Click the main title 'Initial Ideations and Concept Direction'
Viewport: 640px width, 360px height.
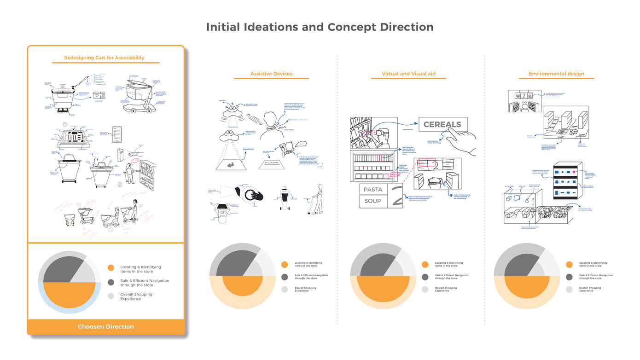[320, 27]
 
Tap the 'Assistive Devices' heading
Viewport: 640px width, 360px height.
[271, 74]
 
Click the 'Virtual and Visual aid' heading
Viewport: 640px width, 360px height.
[408, 74]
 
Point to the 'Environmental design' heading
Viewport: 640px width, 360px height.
[556, 74]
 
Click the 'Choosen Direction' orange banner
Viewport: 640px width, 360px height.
[106, 327]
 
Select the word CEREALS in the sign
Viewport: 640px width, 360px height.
[442, 125]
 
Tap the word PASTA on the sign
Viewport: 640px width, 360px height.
[373, 190]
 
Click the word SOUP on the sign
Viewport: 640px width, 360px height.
[372, 201]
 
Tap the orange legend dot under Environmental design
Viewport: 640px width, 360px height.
[569, 264]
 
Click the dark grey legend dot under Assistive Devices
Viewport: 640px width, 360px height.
[285, 277]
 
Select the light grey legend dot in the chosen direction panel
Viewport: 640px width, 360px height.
[111, 296]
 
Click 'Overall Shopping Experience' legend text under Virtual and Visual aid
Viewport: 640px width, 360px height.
[444, 289]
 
